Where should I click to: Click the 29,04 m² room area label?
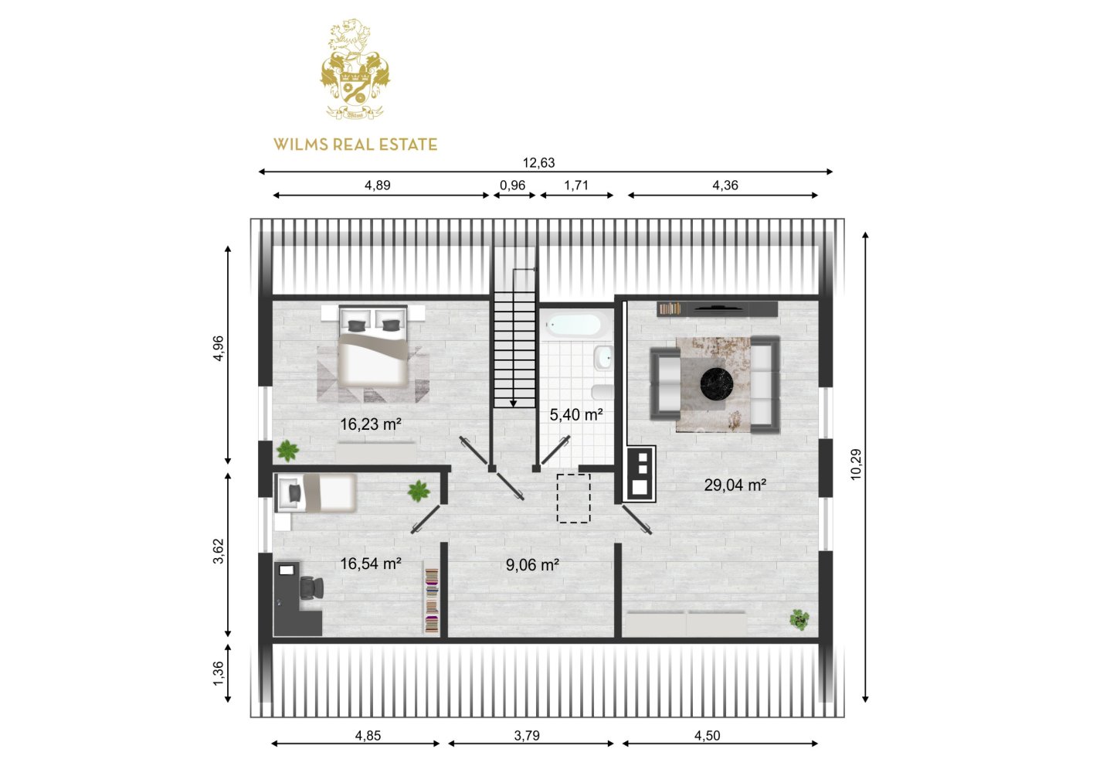(x=735, y=485)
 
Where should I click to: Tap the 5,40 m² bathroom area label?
(x=576, y=414)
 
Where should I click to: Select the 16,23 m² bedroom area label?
(x=370, y=424)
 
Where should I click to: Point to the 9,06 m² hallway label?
(x=532, y=564)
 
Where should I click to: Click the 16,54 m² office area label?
(x=370, y=564)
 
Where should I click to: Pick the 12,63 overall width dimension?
(x=538, y=162)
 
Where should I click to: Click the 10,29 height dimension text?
(x=856, y=465)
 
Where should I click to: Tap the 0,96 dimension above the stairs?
(x=512, y=185)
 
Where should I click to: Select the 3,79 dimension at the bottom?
(x=527, y=735)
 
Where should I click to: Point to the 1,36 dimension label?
(x=218, y=673)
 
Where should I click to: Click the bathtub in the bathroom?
(x=575, y=325)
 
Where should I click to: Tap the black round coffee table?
(x=717, y=383)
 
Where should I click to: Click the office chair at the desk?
(x=311, y=588)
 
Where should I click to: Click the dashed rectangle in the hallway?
(x=574, y=498)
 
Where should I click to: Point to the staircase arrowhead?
(x=514, y=404)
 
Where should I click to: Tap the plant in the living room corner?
(x=799, y=619)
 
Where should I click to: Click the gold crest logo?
(x=355, y=70)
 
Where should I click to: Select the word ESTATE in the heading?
(x=408, y=145)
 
